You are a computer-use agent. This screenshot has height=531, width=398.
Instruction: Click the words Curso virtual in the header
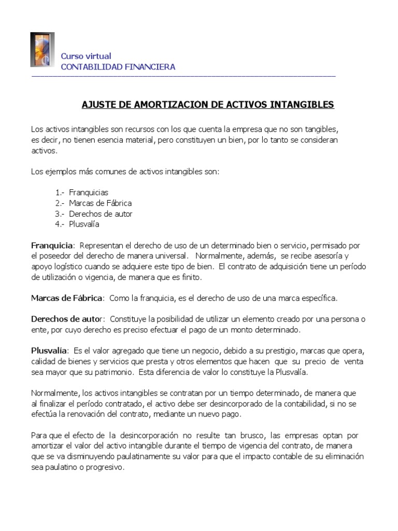click(x=86, y=56)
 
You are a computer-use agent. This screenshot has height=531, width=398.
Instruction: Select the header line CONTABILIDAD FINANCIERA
click(x=118, y=67)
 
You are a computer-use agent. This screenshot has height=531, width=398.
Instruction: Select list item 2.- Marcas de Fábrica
click(x=93, y=203)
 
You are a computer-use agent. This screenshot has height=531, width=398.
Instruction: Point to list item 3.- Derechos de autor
click(x=93, y=214)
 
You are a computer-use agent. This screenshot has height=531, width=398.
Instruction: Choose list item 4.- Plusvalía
click(x=77, y=224)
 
